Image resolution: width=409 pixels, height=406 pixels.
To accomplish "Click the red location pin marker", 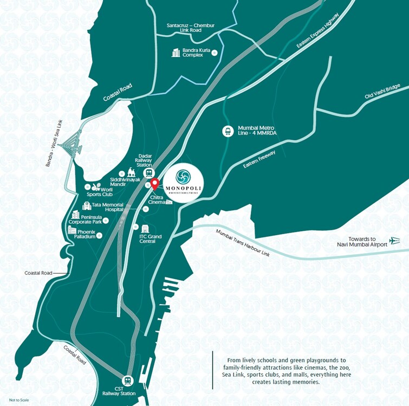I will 154,184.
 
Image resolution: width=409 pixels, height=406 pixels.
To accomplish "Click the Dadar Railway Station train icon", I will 145,172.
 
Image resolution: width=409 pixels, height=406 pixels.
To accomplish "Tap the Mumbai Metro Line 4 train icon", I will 228,131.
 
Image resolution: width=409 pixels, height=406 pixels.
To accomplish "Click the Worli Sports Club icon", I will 91,186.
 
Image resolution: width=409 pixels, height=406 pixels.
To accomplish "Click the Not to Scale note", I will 17,401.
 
